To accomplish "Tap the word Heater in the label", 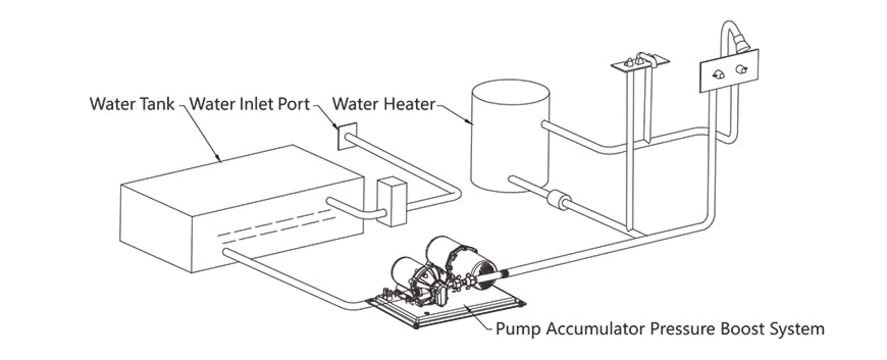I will (x=410, y=104).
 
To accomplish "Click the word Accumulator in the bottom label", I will (x=595, y=329).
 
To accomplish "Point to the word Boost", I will (x=741, y=329).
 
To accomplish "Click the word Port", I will (x=293, y=104).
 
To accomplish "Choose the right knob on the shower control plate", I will (x=741, y=69).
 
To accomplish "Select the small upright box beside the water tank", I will (x=392, y=202).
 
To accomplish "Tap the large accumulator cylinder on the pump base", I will (x=457, y=256).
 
